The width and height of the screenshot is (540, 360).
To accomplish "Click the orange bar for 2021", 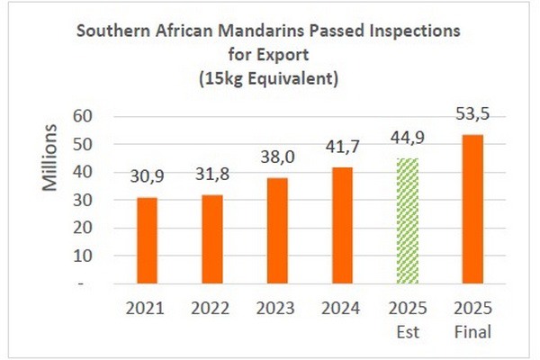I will [146, 240].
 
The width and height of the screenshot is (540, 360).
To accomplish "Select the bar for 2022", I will [211, 239].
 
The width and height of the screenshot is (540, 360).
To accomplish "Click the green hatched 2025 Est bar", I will [408, 220].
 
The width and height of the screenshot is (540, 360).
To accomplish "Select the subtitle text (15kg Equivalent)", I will [269, 78].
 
